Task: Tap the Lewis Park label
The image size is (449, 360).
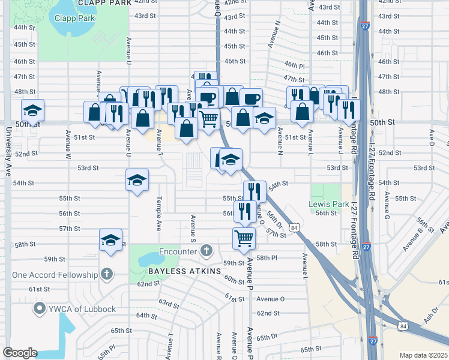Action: [328, 204]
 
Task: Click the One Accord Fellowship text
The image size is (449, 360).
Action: [55, 275]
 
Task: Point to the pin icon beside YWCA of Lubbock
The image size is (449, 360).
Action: [40, 309]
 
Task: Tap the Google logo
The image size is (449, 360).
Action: [19, 353]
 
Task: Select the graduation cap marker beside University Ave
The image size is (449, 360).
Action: [33, 110]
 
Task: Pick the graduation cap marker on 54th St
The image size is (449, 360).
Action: [137, 179]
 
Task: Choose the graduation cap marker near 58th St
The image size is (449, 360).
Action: [110, 239]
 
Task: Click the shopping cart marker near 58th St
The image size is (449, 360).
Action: [244, 238]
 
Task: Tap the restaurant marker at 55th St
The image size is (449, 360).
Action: [255, 191]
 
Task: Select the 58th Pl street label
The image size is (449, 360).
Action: [266, 258]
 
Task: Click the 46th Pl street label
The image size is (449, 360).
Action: [295, 64]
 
